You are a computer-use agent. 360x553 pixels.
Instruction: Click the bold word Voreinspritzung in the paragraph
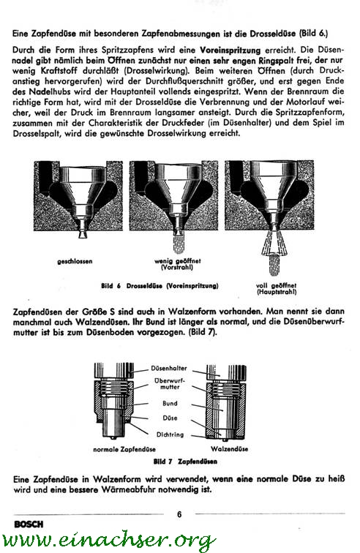click(230, 50)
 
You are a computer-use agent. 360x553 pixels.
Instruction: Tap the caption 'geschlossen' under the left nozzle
click(75, 261)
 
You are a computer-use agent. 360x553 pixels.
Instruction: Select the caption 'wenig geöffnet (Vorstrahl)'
click(178, 264)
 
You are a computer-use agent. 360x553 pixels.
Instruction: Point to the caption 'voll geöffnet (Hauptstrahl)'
click(277, 289)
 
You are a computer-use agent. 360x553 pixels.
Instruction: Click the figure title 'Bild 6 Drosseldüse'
click(160, 286)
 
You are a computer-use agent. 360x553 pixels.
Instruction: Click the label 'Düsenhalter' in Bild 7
click(169, 368)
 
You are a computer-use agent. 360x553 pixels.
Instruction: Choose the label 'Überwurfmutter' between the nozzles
click(170, 384)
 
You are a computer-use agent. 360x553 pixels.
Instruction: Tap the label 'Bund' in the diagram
click(170, 403)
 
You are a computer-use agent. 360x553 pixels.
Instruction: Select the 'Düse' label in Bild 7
click(170, 418)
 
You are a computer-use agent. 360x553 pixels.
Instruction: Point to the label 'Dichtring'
click(170, 434)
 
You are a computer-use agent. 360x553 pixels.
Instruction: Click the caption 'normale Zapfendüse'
click(124, 449)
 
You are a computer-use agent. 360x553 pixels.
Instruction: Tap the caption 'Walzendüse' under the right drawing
click(230, 449)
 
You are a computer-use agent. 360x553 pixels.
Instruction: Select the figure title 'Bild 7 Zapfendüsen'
click(185, 462)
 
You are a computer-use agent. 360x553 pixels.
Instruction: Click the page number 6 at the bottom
click(179, 514)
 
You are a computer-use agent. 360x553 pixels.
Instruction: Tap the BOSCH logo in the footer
click(29, 524)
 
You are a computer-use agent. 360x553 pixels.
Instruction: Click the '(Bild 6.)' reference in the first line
click(313, 34)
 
